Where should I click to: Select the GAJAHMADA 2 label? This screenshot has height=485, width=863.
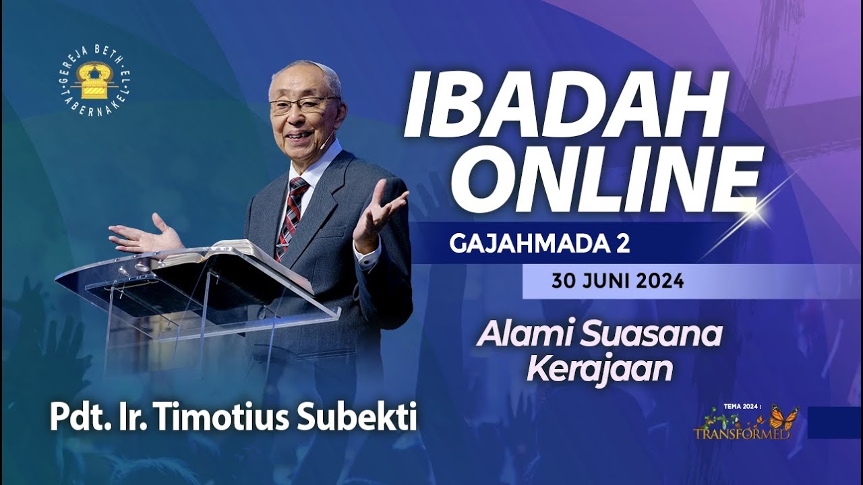[539, 244]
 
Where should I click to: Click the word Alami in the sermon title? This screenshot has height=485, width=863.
[515, 335]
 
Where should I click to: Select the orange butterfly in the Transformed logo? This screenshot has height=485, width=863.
[783, 418]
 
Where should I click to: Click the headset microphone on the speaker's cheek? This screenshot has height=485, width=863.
[326, 143]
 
